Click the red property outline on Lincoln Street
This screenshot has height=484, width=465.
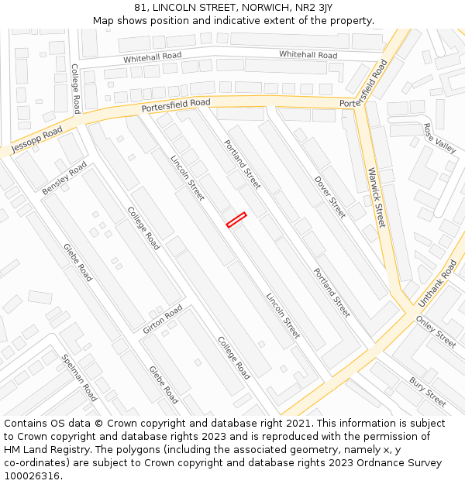tap(236, 220)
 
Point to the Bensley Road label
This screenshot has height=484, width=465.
tap(64, 179)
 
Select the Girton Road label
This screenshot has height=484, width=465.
tap(163, 319)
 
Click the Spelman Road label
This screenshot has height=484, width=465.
tap(79, 376)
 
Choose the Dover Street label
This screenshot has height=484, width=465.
tap(330, 197)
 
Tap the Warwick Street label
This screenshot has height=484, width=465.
tap(377, 197)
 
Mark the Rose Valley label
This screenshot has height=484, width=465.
tap(440, 138)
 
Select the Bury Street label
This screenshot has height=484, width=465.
tap(428, 392)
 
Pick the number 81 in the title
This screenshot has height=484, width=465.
tap(139, 8)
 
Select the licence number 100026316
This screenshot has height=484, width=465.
tap(33, 476)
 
